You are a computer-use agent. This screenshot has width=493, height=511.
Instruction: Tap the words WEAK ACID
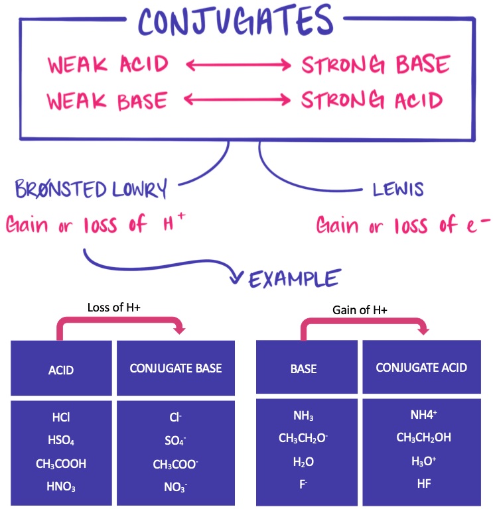pos(107,65)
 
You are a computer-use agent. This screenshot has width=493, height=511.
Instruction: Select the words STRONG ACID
pos(372,101)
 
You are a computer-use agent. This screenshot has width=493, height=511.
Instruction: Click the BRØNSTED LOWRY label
pos(90,190)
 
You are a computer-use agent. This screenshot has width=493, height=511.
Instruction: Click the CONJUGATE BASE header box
pos(176,369)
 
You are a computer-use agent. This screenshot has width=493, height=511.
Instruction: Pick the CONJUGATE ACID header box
pos(421,368)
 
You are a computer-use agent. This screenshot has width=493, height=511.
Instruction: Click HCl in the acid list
pos(61,418)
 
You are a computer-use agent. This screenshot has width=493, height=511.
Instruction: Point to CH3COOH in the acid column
pos(61,464)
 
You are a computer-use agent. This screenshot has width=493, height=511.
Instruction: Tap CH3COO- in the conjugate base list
pos(176,465)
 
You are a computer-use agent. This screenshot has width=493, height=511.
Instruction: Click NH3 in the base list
pos(303,416)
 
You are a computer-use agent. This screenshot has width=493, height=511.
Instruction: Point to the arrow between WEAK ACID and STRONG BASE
pos(238,65)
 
